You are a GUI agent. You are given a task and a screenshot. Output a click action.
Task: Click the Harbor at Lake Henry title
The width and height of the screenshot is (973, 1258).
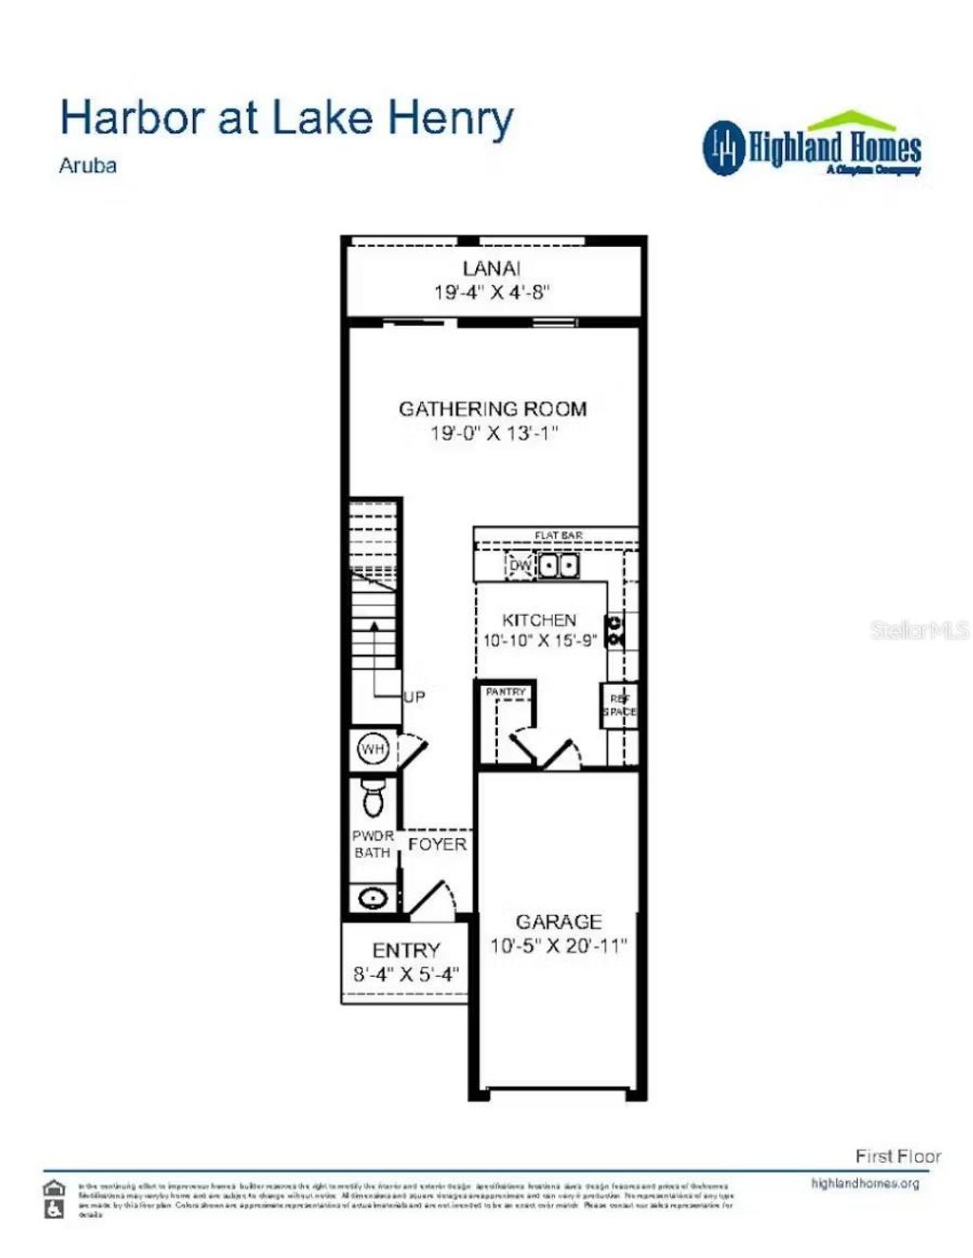pyautogui.click(x=286, y=118)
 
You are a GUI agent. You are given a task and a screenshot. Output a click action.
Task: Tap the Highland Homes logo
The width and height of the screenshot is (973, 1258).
pyautogui.click(x=812, y=145)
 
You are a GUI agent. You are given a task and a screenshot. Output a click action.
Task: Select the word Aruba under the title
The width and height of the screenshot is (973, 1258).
pyautogui.click(x=88, y=165)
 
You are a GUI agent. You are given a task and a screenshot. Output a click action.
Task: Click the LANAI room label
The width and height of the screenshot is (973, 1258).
pyautogui.click(x=491, y=269)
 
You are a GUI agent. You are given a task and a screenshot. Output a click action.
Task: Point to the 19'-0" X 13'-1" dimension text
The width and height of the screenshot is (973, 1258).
pyautogui.click(x=494, y=433)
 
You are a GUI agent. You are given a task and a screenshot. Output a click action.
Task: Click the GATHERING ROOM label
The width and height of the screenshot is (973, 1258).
pyautogui.click(x=492, y=410)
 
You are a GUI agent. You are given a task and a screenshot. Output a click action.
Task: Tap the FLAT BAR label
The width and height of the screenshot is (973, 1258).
pyautogui.click(x=558, y=536)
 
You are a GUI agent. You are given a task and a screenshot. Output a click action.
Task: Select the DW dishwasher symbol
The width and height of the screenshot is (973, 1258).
pyautogui.click(x=521, y=566)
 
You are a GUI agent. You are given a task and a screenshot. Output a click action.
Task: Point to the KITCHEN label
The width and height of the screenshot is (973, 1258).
pyautogui.click(x=539, y=619)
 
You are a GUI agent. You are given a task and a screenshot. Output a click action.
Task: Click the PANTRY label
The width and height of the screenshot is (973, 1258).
pyautogui.click(x=506, y=693)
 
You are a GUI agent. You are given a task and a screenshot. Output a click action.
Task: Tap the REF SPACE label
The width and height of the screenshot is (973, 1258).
pyautogui.click(x=620, y=705)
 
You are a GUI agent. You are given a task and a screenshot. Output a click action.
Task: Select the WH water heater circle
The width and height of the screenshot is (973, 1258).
pyautogui.click(x=372, y=750)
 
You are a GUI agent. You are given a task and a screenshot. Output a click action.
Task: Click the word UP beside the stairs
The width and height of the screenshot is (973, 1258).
pyautogui.click(x=414, y=697)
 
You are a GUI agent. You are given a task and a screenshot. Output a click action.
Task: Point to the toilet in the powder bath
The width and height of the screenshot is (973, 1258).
pyautogui.click(x=373, y=798)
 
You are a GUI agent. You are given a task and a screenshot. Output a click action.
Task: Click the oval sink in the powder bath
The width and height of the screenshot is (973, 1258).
pyautogui.click(x=372, y=897)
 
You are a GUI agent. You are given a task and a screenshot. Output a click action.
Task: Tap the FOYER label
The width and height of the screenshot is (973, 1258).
pyautogui.click(x=437, y=844)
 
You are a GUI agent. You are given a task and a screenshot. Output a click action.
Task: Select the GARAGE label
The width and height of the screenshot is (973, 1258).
pyautogui.click(x=559, y=922)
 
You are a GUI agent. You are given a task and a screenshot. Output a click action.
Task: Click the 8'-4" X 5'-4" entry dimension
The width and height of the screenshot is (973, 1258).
pyautogui.click(x=406, y=974)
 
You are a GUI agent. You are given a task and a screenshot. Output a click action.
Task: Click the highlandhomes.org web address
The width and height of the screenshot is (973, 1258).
pyautogui.click(x=865, y=1184)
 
